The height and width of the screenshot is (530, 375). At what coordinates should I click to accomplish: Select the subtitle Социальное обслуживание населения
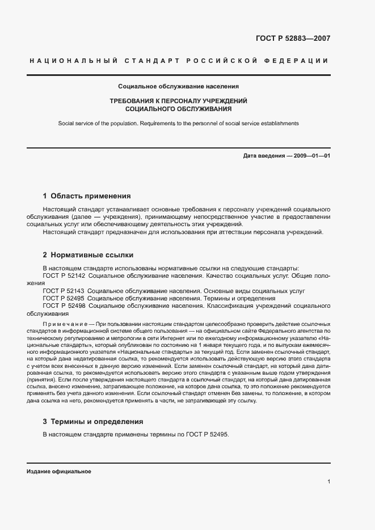178,87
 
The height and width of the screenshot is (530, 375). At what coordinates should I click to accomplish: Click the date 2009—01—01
311,155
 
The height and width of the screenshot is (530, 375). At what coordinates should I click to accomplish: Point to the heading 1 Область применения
87,196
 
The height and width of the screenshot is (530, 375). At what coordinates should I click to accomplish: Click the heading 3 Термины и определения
92,422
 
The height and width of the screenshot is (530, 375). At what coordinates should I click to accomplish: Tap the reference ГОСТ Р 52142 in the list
64,275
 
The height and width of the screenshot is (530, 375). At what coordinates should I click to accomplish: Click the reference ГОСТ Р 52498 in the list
64,306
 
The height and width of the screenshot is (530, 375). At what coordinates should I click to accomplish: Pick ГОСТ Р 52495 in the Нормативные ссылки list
64,298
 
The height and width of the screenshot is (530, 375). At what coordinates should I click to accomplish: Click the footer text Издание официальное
59,472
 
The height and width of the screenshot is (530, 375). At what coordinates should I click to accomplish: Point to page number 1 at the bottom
328,481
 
